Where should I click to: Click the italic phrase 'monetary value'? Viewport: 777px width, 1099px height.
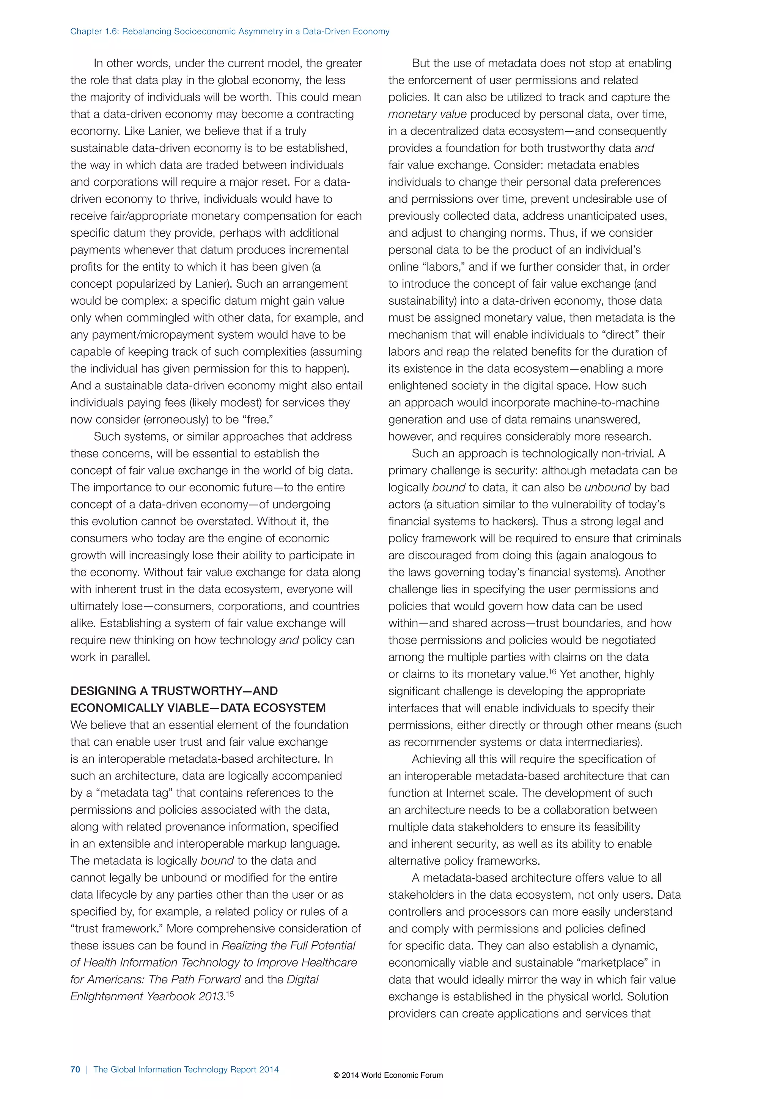click(x=427, y=114)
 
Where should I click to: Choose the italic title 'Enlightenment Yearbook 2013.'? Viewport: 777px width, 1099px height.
click(x=147, y=997)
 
